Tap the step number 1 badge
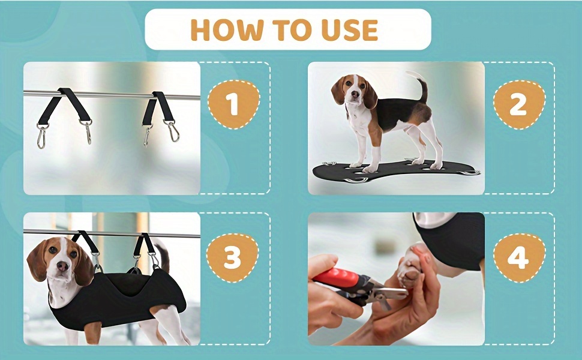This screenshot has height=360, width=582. (x=233, y=104)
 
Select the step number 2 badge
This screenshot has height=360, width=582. (x=518, y=104)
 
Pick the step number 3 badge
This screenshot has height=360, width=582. (x=233, y=257)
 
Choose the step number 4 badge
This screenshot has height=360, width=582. (x=518, y=257)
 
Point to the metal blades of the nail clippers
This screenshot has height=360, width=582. (x=390, y=293)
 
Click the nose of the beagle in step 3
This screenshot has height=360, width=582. (x=62, y=266)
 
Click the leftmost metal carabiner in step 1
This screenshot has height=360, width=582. (x=41, y=136)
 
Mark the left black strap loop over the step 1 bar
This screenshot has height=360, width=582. (x=65, y=106)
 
